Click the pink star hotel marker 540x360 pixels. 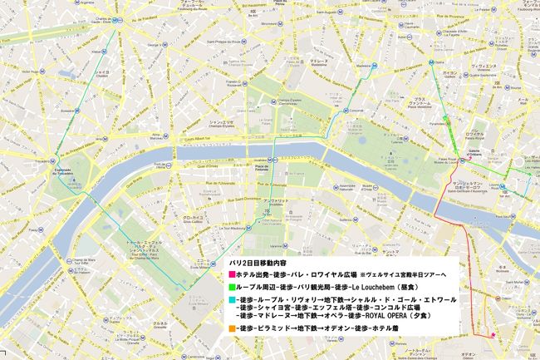493,336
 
